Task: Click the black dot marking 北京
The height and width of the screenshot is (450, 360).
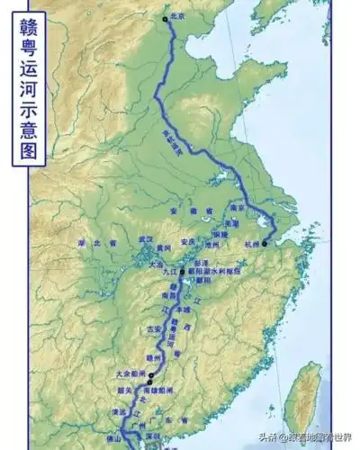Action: [x=164, y=17]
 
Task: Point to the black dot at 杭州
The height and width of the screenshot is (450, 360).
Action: [x=265, y=243]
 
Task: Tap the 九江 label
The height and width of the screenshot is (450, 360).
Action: [x=171, y=270]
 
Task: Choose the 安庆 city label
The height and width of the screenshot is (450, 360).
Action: [x=187, y=241]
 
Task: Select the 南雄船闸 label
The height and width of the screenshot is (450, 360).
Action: [x=158, y=390]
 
